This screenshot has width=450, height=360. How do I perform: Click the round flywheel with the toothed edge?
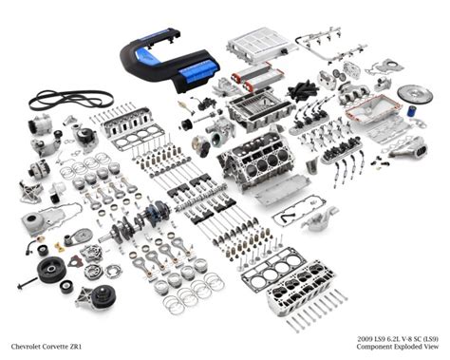pos(414,95)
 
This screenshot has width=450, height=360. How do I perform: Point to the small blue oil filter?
pos(412,111)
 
